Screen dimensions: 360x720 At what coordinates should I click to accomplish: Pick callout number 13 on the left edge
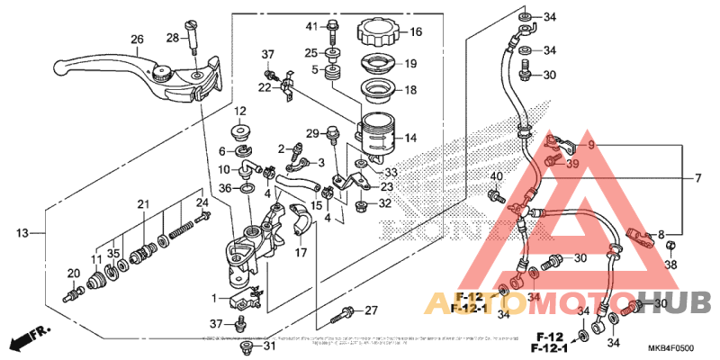coord(22,233)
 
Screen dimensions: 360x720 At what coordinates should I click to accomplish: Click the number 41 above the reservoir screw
coord(311,24)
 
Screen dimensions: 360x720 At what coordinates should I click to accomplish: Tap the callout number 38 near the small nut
coord(670,265)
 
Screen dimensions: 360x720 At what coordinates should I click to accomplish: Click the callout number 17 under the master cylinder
coord(301,253)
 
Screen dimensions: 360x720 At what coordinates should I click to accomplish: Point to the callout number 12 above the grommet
coord(240,111)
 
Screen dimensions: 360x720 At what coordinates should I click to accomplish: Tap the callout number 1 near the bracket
coord(213,298)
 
